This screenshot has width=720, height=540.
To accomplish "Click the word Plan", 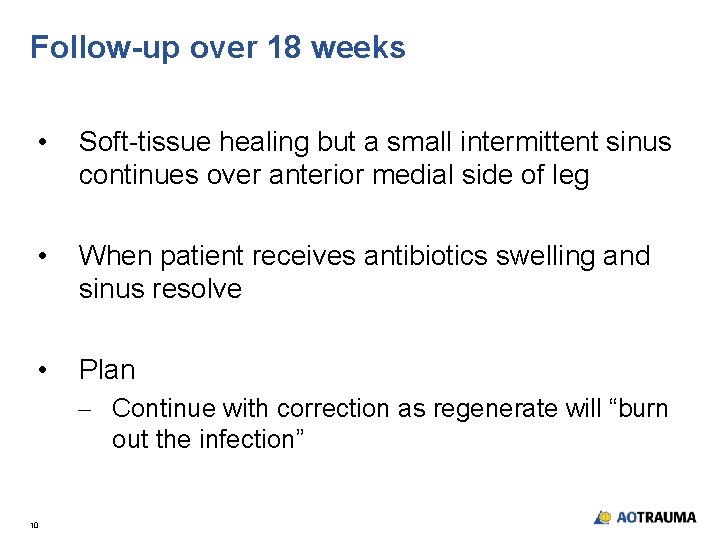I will [106, 370].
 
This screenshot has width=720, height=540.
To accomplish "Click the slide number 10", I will [34, 524].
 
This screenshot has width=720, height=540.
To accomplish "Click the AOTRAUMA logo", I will [645, 517].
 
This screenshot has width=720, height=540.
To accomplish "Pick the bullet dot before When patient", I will [40, 257].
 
